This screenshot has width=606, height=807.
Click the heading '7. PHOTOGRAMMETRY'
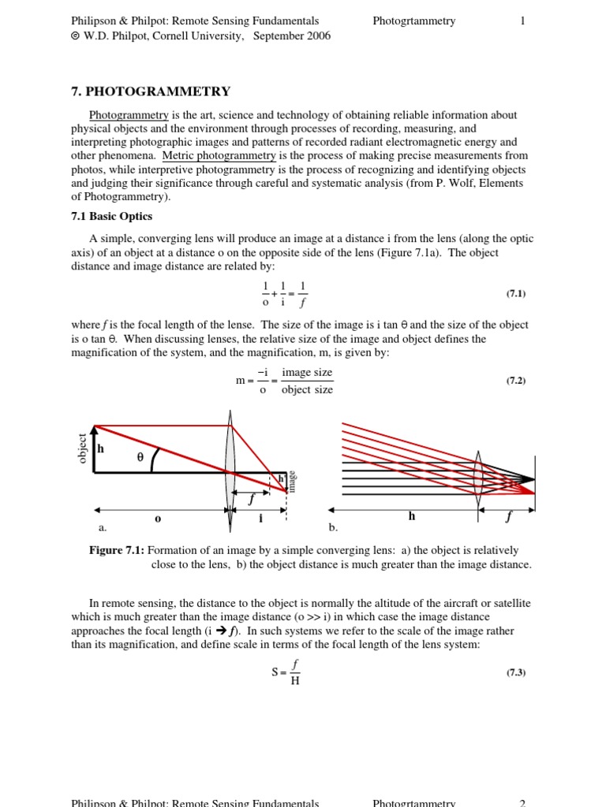tap(151, 91)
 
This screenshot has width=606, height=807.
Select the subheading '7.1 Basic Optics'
tap(111, 216)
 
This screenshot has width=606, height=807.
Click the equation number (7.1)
tap(515, 293)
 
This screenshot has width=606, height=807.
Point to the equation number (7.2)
tap(515, 380)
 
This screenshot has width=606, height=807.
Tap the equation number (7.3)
tap(515, 672)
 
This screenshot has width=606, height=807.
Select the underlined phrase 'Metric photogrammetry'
tap(219, 156)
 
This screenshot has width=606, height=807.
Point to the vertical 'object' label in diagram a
tap(81, 448)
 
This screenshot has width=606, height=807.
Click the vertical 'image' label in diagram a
tap(292, 481)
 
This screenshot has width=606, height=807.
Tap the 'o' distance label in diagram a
tap(158, 519)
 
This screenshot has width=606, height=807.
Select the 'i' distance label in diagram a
tap(260, 519)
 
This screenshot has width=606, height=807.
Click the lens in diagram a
tap(230, 473)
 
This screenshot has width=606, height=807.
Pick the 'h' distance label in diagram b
tap(411, 516)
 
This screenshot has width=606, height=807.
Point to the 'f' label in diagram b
tap(508, 518)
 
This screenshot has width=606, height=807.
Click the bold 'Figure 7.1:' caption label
tap(117, 550)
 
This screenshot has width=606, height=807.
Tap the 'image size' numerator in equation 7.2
tap(307, 372)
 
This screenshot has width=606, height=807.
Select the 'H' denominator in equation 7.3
tap(294, 681)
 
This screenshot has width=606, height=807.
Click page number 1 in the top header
tap(522, 21)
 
